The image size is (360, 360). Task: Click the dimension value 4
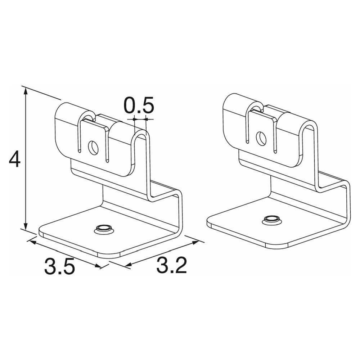click(15, 159)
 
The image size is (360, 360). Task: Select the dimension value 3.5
click(60, 266)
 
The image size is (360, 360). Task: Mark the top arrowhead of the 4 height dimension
click(26, 91)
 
